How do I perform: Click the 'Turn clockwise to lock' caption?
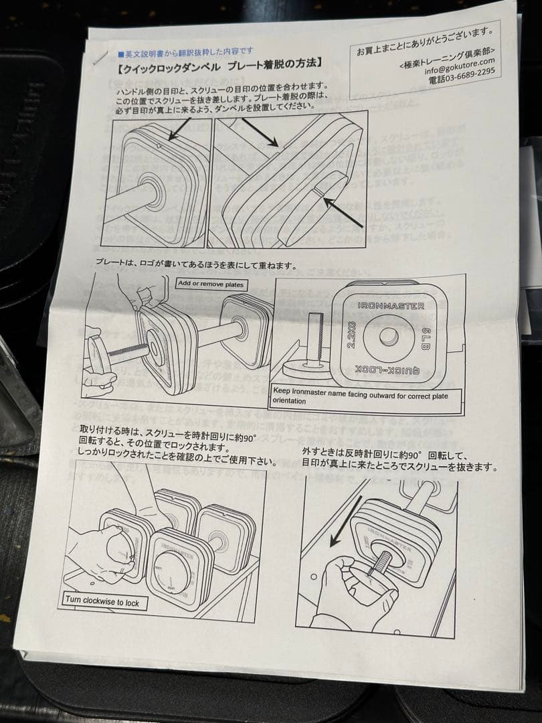point(102,602)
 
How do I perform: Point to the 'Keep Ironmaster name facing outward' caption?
point(359,396)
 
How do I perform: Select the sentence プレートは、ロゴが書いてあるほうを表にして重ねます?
point(195,265)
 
